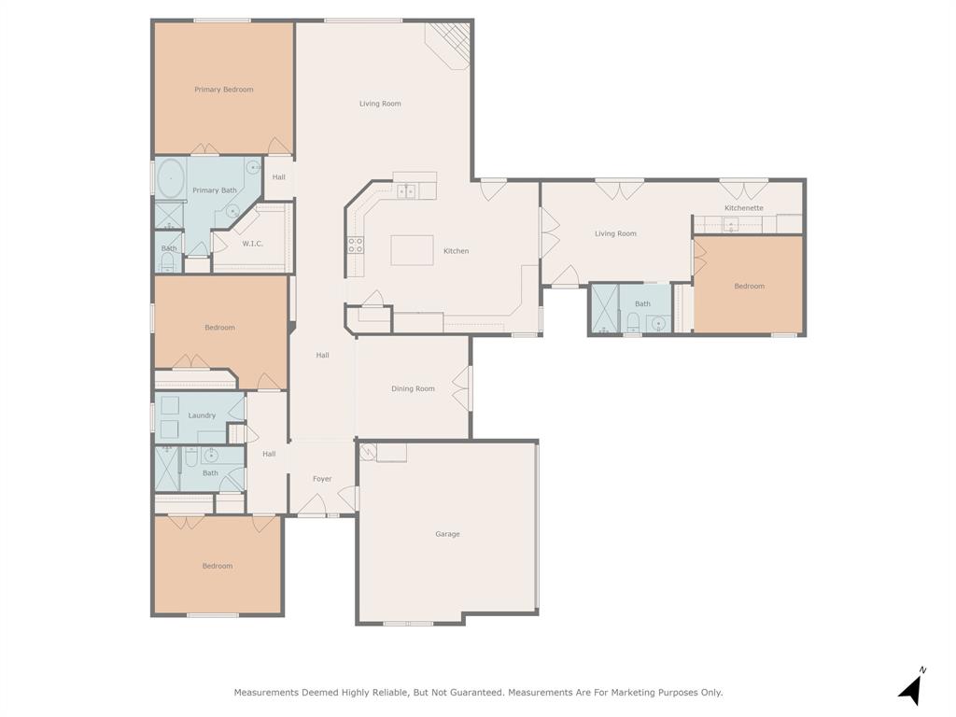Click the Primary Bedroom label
[x=223, y=90]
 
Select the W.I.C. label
[x=252, y=244]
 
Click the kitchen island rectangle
[x=412, y=250]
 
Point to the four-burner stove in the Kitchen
[x=356, y=245]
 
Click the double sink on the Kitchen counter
[x=405, y=191]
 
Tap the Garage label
[x=447, y=534]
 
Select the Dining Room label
[x=413, y=388]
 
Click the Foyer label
[x=322, y=479]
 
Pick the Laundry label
[x=202, y=415]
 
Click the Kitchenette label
[x=744, y=208]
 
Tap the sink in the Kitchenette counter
[x=730, y=224]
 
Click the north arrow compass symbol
[x=911, y=688]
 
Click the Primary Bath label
[x=214, y=190]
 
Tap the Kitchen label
[x=456, y=251]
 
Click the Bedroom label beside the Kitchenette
[x=749, y=287]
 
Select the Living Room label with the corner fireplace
[x=380, y=104]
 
